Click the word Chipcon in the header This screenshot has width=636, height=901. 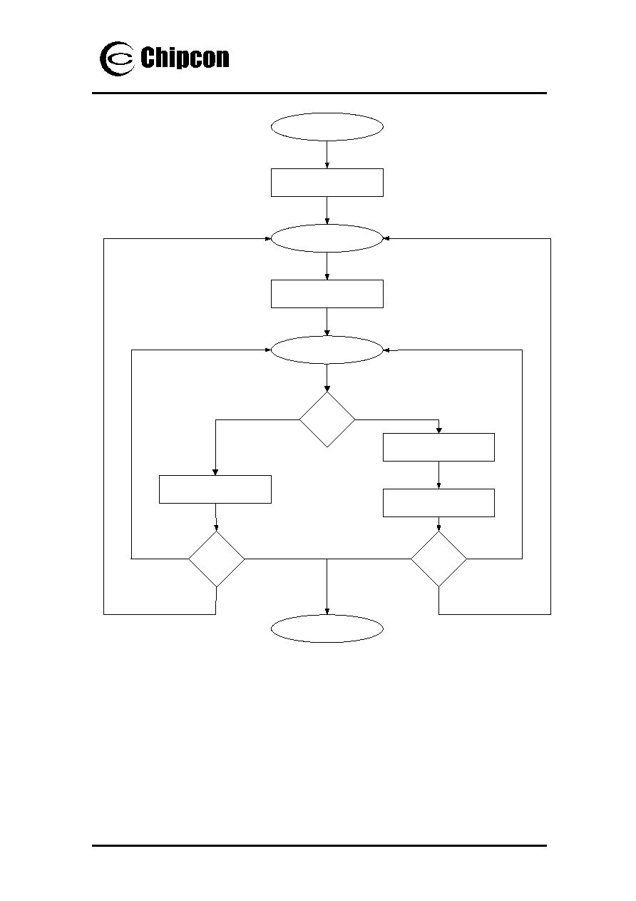click(x=185, y=58)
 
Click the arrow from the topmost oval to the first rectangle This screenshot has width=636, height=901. click(x=327, y=155)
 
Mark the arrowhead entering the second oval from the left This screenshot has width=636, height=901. click(x=268, y=238)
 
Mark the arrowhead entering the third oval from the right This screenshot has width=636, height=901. click(x=386, y=350)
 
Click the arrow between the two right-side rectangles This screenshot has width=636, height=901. click(x=438, y=475)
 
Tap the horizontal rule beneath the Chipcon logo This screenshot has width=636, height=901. click(x=319, y=93)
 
